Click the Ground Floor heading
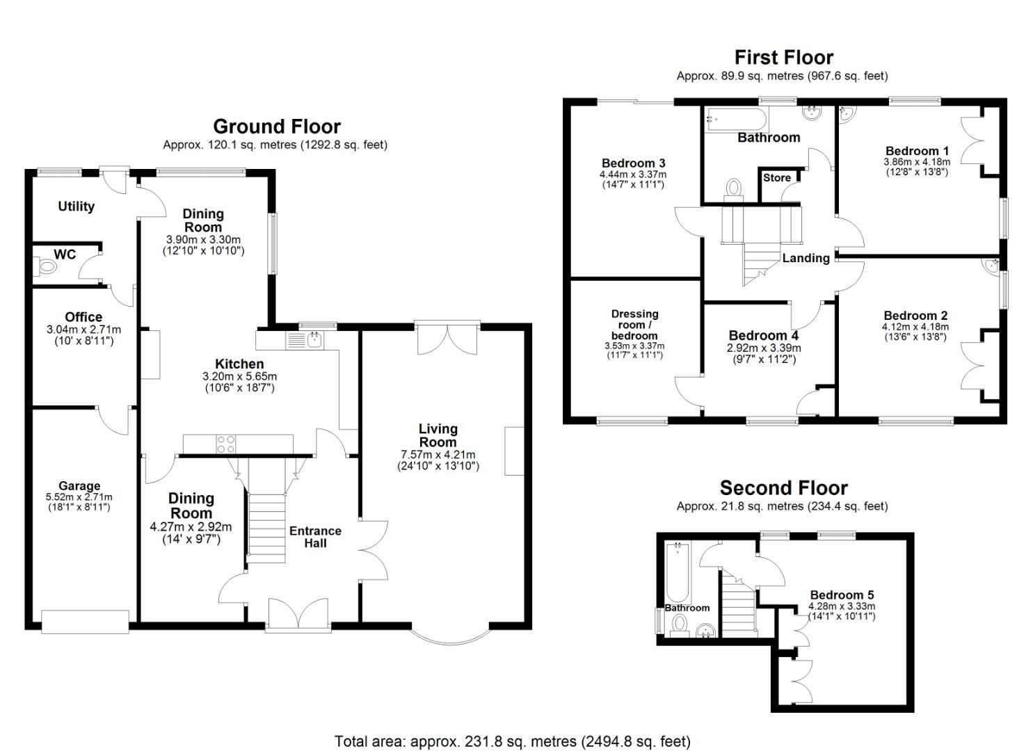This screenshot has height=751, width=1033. (x=276, y=127)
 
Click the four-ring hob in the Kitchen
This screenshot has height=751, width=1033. (x=225, y=444)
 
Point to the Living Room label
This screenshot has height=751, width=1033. (x=438, y=435)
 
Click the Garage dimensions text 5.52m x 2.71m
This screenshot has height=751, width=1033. (x=79, y=497)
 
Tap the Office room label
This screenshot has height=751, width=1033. (x=83, y=317)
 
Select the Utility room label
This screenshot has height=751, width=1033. (x=76, y=207)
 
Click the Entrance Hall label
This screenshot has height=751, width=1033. (x=315, y=537)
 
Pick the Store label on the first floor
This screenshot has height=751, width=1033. (x=776, y=178)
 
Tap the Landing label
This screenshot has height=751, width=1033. (x=806, y=258)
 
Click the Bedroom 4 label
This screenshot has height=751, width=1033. (x=763, y=336)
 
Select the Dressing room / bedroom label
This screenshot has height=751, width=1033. (x=634, y=325)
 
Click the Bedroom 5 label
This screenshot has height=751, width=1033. (x=842, y=595)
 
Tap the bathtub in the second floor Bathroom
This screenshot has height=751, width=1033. (x=677, y=572)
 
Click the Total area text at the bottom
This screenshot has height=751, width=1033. (x=512, y=741)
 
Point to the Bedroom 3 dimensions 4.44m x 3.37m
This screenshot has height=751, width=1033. (x=632, y=175)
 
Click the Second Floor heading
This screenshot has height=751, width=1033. (x=783, y=488)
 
